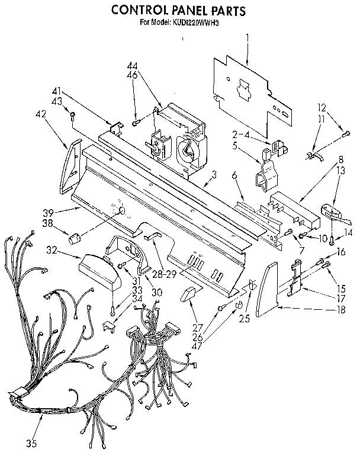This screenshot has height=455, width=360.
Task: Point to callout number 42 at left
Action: click(41, 114)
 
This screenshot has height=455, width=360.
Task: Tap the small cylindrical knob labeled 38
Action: click(74, 238)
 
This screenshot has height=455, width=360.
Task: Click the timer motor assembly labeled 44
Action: click(181, 139)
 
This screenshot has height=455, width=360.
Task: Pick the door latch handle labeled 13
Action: click(329, 211)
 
